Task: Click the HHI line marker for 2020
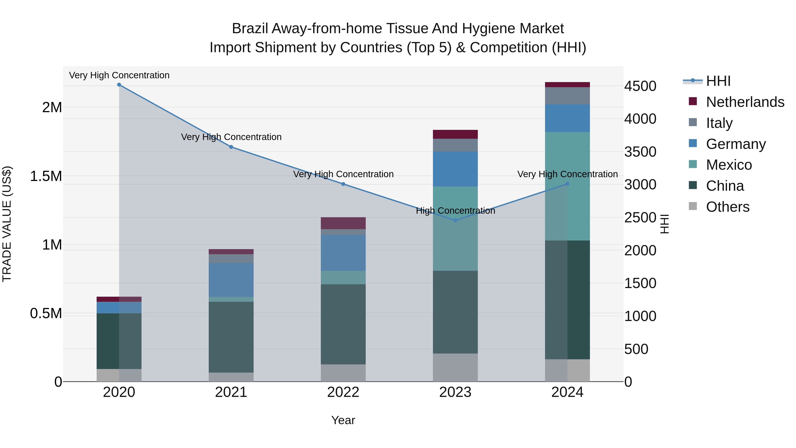click(119, 85)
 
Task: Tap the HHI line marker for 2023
click(455, 220)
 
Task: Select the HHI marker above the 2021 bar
click(231, 147)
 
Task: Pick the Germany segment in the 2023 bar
click(455, 169)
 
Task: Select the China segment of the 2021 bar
click(231, 337)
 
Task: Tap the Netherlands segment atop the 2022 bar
click(343, 223)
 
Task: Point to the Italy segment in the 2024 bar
click(567, 96)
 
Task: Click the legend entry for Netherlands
click(745, 102)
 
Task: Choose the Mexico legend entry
click(729, 165)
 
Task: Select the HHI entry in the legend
click(718, 81)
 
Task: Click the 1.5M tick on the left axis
click(46, 176)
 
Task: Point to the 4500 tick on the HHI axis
click(640, 86)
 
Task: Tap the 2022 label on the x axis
click(343, 392)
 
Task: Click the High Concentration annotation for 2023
click(455, 211)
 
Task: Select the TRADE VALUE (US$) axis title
click(7, 224)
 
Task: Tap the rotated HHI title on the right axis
click(665, 224)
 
